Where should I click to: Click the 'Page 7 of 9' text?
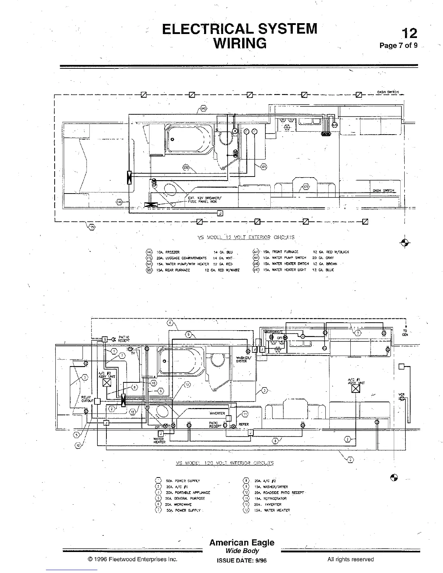tap(398, 46)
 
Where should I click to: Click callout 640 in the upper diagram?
tap(203, 109)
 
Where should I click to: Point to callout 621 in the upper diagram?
tap(264, 166)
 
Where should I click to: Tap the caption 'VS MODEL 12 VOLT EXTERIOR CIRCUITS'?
tap(246, 238)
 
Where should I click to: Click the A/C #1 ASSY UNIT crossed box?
tap(356, 389)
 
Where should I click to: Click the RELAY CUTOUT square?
tap(97, 401)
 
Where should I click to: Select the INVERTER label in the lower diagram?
tap(217, 413)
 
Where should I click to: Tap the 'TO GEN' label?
tap(405, 333)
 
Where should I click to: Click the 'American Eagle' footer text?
tap(242, 543)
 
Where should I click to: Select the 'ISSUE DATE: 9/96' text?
tap(241, 560)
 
